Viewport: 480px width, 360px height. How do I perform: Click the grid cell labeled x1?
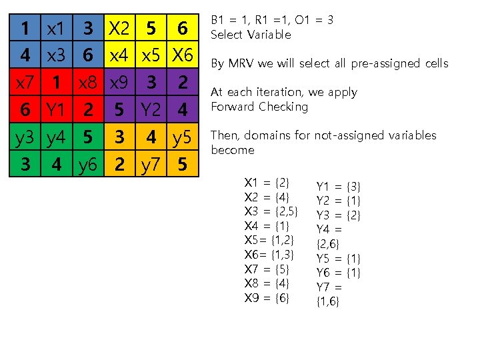coord(55,29)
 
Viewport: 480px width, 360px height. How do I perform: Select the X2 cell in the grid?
coord(119,29)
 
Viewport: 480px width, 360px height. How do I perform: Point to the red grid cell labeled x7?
coord(25,83)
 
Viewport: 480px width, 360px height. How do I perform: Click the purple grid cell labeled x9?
coord(119,83)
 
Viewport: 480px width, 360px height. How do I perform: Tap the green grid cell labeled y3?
coord(25,137)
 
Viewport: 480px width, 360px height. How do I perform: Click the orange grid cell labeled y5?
coord(183,137)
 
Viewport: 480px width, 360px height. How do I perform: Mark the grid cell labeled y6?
coord(87,164)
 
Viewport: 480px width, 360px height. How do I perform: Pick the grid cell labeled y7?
coord(151,164)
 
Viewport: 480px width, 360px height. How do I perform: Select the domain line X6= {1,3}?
coord(269,255)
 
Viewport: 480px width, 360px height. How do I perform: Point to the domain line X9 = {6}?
coord(267,298)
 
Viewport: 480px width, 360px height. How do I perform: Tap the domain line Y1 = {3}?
coord(338,186)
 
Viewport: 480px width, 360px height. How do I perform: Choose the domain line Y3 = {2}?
coord(338,215)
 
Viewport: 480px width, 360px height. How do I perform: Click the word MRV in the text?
coord(239,64)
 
